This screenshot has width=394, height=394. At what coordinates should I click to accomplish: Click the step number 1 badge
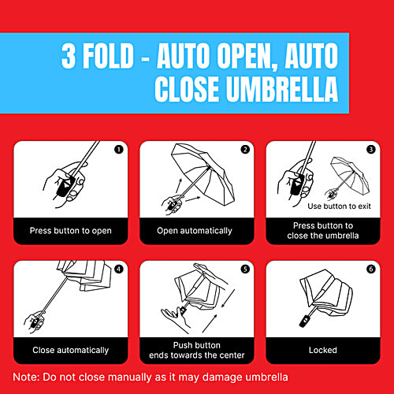pos(118,148)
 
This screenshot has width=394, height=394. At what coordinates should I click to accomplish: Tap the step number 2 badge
pos(245,148)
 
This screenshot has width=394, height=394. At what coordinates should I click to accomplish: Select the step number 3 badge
pos(371,148)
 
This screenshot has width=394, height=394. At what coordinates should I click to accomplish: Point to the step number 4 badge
pos(118,268)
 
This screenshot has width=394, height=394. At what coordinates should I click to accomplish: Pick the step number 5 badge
pos(245,268)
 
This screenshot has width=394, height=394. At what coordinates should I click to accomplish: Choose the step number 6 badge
pos(371,268)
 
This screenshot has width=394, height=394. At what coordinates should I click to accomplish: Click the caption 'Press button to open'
pos(71,231)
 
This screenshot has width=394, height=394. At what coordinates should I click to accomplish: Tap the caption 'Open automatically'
pos(195,231)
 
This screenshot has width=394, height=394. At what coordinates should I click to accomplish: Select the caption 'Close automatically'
pos(71,350)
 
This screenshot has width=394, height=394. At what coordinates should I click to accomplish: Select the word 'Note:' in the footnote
pos(28,377)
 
